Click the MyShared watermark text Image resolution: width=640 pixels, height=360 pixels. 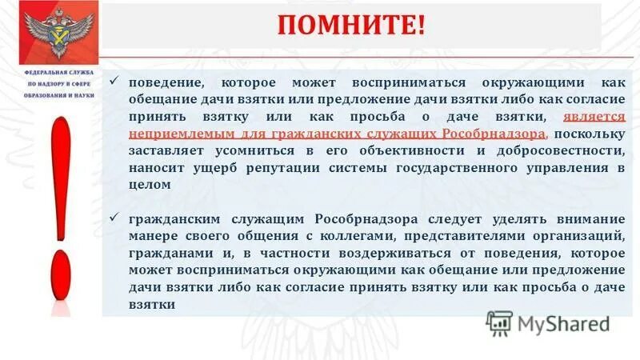[x=563, y=323]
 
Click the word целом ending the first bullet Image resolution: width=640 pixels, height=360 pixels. [x=148, y=184]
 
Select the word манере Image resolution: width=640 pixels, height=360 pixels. [x=150, y=236]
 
